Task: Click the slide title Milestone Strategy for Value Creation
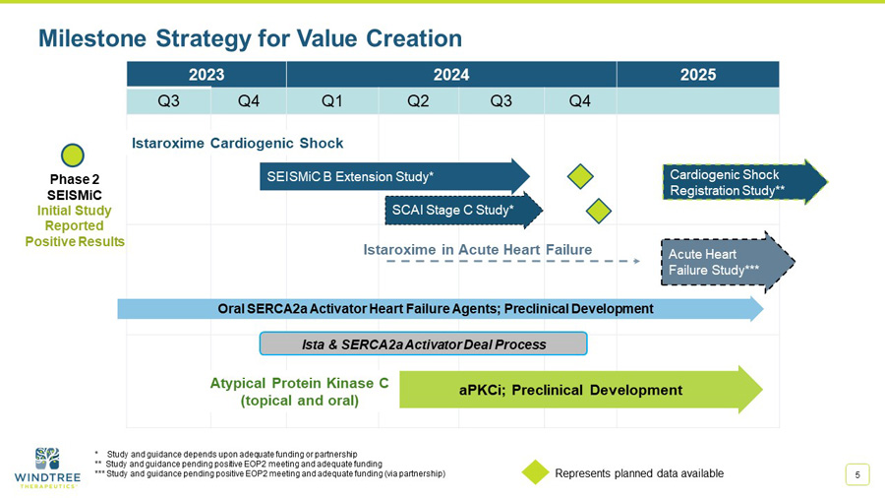pyautogui.click(x=250, y=38)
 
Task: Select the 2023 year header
pyautogui.click(x=206, y=74)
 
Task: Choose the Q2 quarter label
pyautogui.click(x=418, y=101)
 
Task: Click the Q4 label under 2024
pyautogui.click(x=579, y=101)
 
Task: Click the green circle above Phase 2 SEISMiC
pyautogui.click(x=73, y=156)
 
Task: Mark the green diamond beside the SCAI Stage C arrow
pyautogui.click(x=599, y=210)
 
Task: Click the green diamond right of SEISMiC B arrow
pyautogui.click(x=581, y=176)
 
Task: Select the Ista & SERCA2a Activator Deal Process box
pyautogui.click(x=423, y=343)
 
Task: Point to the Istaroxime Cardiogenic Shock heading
pyautogui.click(x=237, y=144)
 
